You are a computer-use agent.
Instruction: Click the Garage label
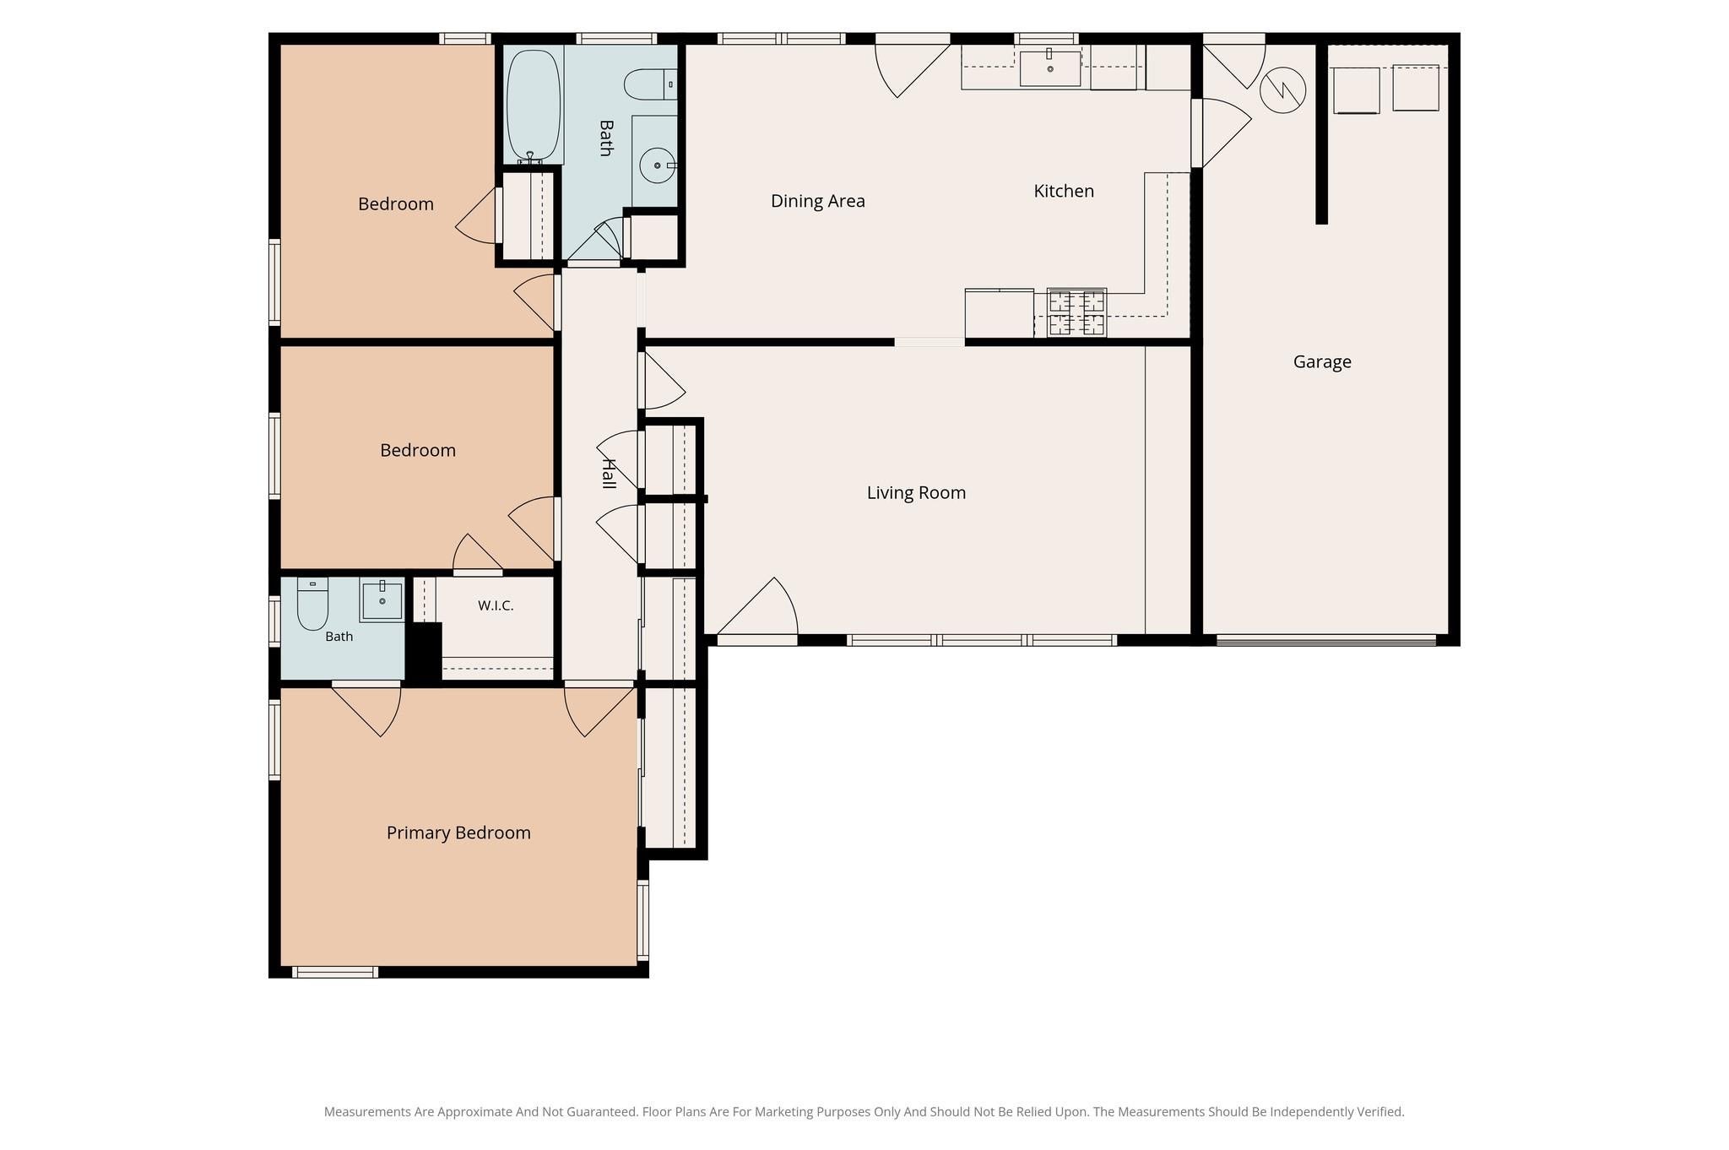[x=1322, y=362]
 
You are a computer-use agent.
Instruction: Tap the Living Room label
[x=916, y=492]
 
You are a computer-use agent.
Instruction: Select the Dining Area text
[x=818, y=201]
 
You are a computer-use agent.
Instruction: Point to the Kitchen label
[x=1064, y=191]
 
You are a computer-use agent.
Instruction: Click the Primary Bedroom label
[x=458, y=833]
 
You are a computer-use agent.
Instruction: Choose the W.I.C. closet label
[x=496, y=605]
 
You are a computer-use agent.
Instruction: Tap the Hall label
[x=608, y=473]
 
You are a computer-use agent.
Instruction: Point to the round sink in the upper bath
[x=658, y=165]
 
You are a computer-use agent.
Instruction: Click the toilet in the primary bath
[x=312, y=604]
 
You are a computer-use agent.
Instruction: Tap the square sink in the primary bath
[x=382, y=600]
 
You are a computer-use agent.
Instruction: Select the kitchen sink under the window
[x=1050, y=68]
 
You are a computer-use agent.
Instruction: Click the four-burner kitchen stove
[x=1076, y=313]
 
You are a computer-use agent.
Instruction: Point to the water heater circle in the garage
[x=1282, y=90]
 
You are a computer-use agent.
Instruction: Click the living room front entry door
[x=757, y=608]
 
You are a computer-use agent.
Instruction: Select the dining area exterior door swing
[x=912, y=66]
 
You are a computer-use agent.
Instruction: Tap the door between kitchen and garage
[x=1221, y=133]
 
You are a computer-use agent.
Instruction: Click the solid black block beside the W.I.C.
[x=424, y=652]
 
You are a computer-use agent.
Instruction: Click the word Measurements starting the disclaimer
[x=367, y=1112]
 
